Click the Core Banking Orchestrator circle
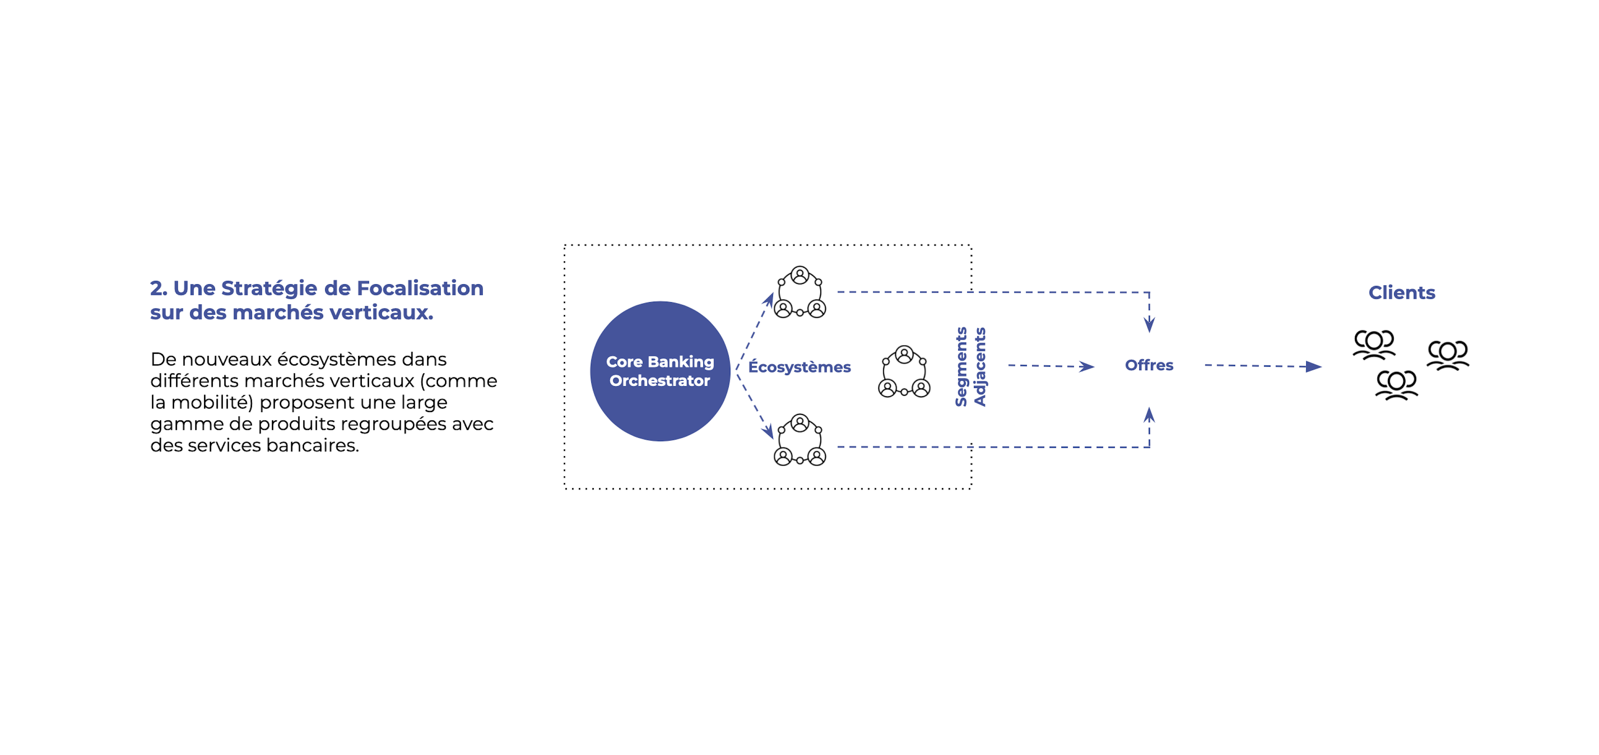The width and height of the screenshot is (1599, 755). (660, 371)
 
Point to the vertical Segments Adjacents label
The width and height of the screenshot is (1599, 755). (970, 367)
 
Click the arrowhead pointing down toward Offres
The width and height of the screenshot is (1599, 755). (1149, 325)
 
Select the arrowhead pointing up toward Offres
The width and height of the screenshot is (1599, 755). (1149, 415)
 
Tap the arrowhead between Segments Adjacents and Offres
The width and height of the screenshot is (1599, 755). (1086, 367)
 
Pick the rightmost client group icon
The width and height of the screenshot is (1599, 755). (1447, 355)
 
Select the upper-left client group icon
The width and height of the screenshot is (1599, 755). (1374, 345)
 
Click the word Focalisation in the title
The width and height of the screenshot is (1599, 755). (420, 288)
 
